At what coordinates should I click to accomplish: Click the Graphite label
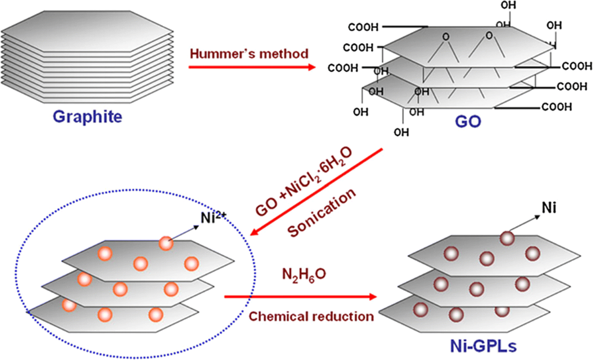click(87, 117)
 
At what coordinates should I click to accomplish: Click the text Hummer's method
click(249, 53)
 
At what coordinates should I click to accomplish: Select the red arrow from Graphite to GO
click(252, 67)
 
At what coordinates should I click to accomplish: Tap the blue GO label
click(468, 121)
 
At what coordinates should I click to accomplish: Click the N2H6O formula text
click(304, 275)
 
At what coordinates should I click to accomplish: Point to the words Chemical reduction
click(311, 316)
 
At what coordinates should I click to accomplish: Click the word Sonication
click(321, 212)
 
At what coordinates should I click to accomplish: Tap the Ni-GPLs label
click(483, 346)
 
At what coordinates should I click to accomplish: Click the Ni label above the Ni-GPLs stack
click(549, 207)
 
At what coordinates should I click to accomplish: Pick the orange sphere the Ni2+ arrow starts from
click(166, 244)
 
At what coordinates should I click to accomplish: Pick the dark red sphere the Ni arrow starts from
click(507, 238)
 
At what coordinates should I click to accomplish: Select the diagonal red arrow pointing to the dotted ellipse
click(316, 191)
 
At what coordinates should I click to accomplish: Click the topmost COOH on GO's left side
click(363, 27)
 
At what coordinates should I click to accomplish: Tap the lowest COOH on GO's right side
click(557, 107)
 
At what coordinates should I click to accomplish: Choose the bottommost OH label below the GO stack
click(401, 132)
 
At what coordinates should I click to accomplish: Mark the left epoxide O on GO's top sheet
click(446, 37)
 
